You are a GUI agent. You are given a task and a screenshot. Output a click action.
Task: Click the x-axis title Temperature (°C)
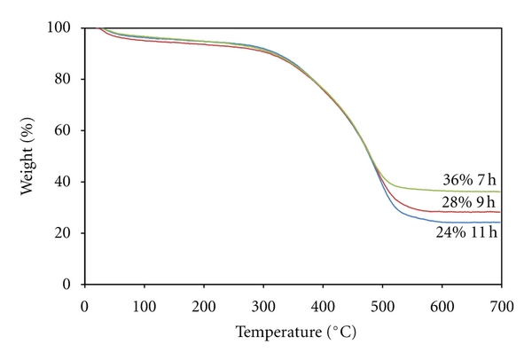(x=293, y=334)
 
